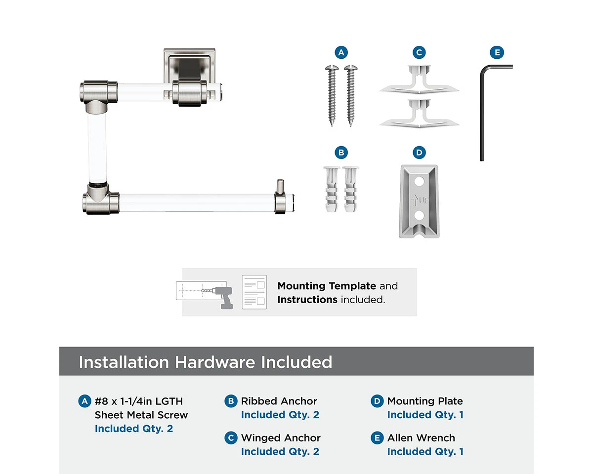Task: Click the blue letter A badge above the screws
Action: [341, 52]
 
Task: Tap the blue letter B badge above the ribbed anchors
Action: [341, 152]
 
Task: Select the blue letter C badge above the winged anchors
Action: [419, 52]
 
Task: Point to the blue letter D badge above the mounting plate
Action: [419, 152]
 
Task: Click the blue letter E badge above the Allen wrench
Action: [497, 52]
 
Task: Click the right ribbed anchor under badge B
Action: [350, 189]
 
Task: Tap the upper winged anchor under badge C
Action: [419, 79]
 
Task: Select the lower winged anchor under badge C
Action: [419, 114]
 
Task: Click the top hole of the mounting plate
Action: [419, 182]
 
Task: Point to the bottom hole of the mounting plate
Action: [419, 215]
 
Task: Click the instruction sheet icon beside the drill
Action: [254, 292]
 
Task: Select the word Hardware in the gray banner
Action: [215, 362]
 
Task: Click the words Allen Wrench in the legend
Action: [421, 437]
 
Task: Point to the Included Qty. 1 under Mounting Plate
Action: [425, 415]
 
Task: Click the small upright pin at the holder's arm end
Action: [280, 187]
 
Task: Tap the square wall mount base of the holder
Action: [189, 66]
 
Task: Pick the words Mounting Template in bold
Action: [327, 286]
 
